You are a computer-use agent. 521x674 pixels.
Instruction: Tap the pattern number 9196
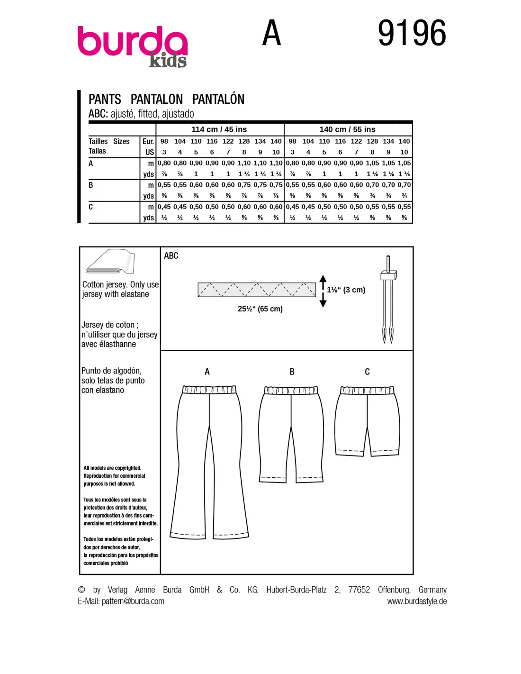click(412, 33)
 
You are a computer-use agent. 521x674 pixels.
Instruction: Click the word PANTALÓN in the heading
click(218, 99)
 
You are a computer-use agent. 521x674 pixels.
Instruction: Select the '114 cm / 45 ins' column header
click(219, 129)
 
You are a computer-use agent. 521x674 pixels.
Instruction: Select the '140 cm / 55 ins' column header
click(347, 129)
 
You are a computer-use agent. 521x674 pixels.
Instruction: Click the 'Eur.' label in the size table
click(148, 141)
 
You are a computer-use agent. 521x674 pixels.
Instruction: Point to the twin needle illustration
click(388, 301)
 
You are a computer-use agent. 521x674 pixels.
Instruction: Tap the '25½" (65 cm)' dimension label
click(260, 309)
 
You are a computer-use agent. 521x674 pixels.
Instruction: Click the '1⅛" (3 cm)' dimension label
click(346, 290)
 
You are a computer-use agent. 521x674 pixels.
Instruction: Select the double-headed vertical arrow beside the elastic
click(323, 291)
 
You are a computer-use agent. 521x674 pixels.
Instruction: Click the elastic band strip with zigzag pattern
click(257, 290)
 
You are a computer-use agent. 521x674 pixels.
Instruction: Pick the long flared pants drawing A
click(209, 462)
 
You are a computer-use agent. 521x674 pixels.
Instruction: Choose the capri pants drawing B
click(291, 434)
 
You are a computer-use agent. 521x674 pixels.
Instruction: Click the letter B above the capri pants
click(292, 372)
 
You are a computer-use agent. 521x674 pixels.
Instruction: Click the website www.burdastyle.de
click(417, 601)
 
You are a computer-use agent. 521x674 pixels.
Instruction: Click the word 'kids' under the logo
click(168, 61)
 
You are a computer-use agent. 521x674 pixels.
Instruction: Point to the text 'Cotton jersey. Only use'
click(120, 284)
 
